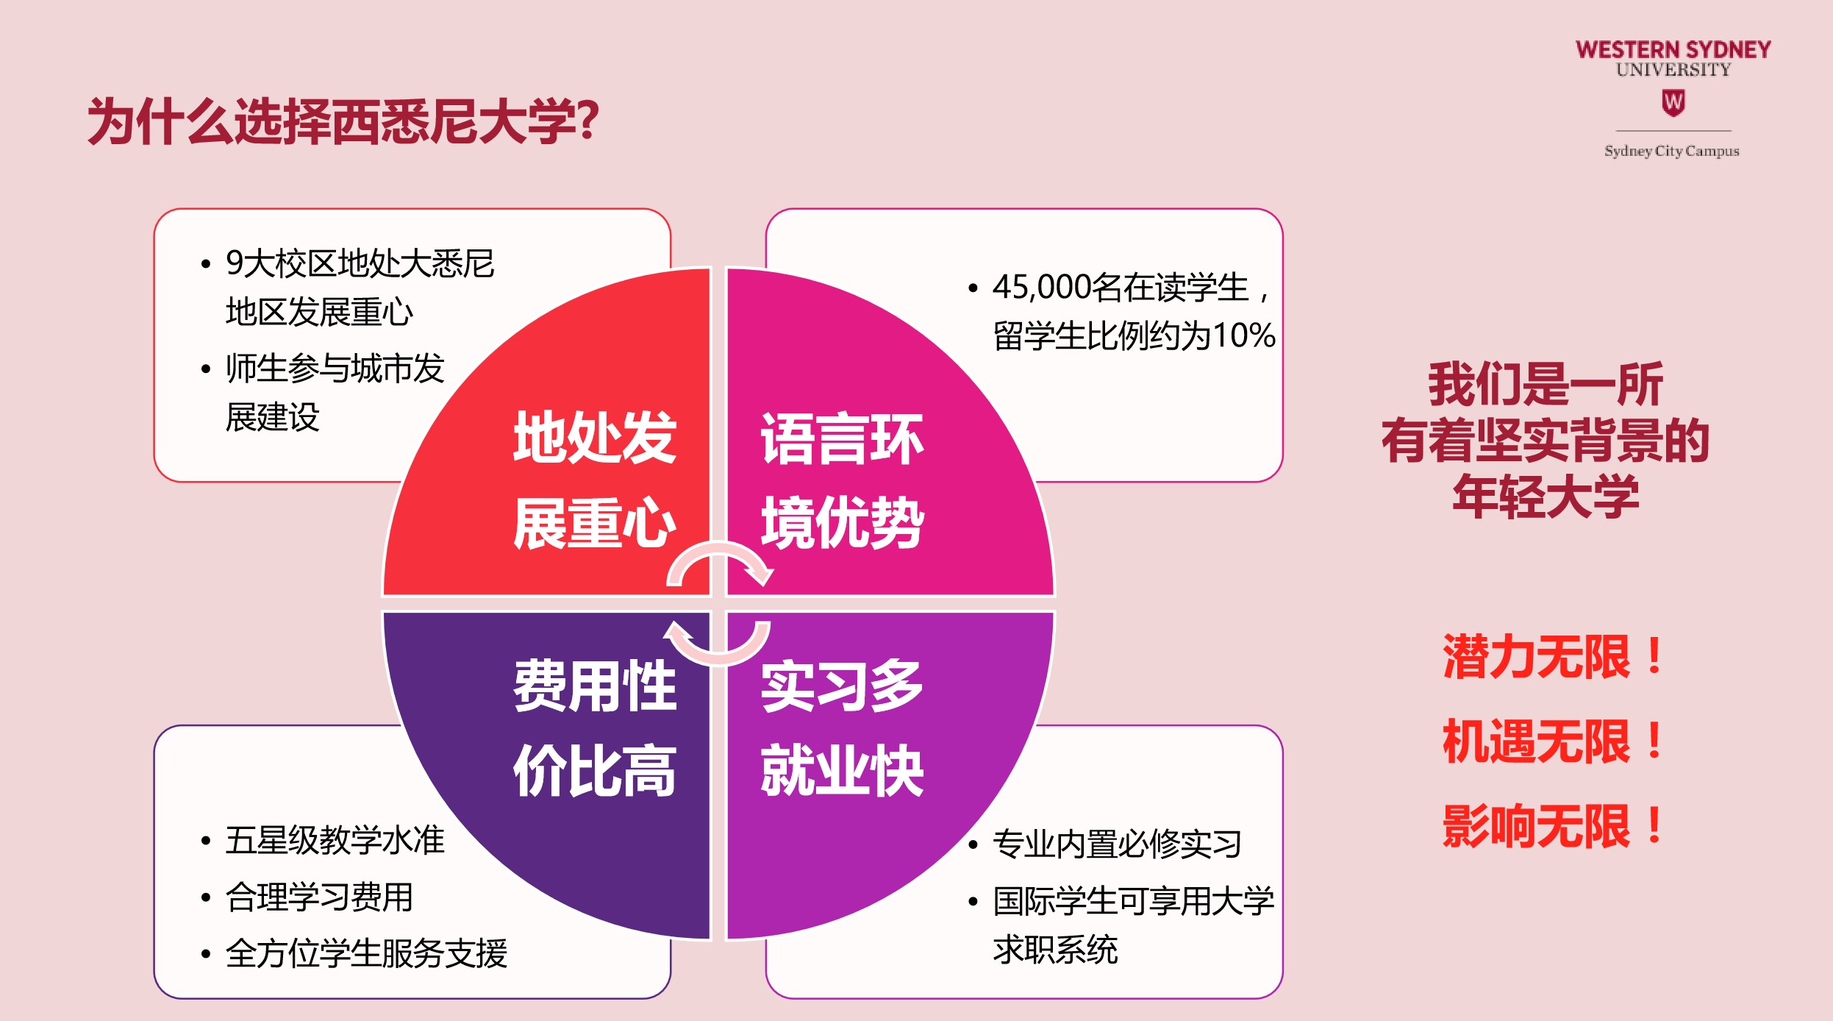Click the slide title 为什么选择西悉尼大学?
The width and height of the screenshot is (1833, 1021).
pyautogui.click(x=343, y=121)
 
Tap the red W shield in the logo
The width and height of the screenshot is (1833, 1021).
pyautogui.click(x=1673, y=102)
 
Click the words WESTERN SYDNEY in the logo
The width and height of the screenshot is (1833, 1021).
pyautogui.click(x=1673, y=49)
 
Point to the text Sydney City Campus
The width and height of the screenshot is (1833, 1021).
pyautogui.click(x=1672, y=151)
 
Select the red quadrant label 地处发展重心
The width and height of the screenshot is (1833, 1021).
pyautogui.click(x=595, y=480)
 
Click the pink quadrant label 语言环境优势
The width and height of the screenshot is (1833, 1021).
pyautogui.click(x=843, y=480)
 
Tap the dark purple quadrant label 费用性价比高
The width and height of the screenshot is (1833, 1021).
pyautogui.click(x=595, y=727)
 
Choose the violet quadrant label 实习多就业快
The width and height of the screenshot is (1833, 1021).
pyautogui.click(x=843, y=727)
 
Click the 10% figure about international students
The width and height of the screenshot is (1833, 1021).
pyautogui.click(x=1244, y=335)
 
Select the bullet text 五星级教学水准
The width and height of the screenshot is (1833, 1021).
pyautogui.click(x=335, y=840)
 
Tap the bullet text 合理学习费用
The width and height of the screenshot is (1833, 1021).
pyautogui.click(x=319, y=897)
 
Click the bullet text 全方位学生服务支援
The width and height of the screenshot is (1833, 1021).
pyautogui.click(x=366, y=953)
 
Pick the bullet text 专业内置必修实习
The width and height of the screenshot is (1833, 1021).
pyautogui.click(x=1117, y=844)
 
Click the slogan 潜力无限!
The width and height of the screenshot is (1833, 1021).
pyautogui.click(x=1553, y=656)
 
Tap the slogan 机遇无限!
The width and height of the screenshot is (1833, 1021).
pyautogui.click(x=1553, y=741)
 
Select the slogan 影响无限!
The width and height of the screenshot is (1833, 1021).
pyautogui.click(x=1553, y=826)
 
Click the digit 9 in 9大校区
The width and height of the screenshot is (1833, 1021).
pyautogui.click(x=235, y=263)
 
